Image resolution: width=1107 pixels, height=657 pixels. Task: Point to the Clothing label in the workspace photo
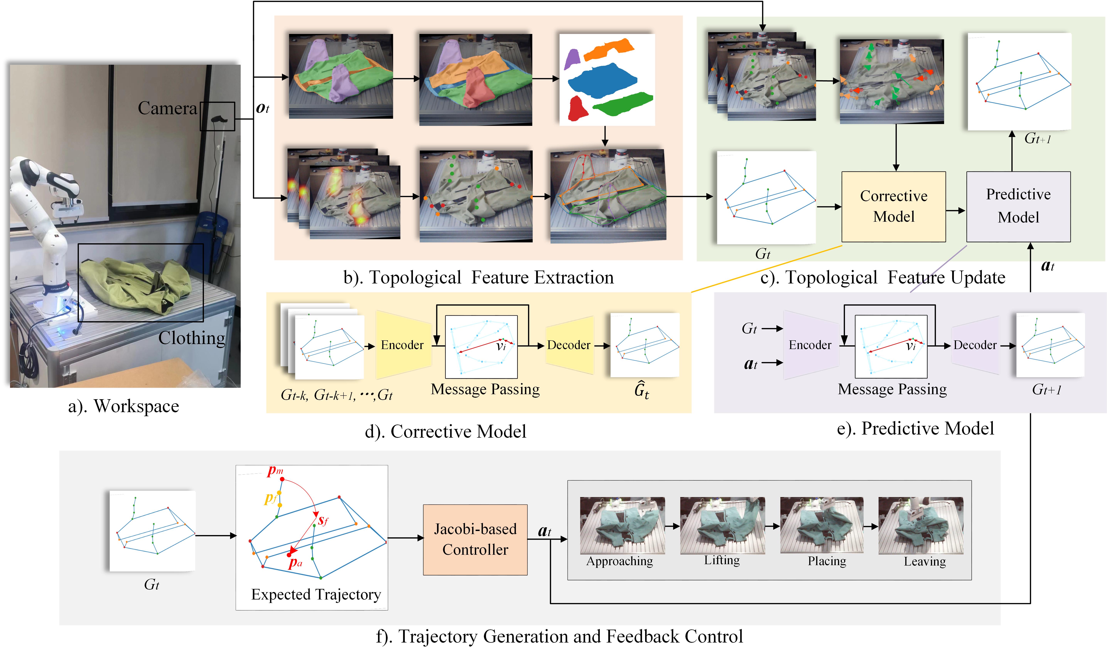click(192, 338)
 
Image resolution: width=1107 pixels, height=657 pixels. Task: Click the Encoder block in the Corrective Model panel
click(402, 345)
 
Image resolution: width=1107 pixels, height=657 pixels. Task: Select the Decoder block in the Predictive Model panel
click(975, 345)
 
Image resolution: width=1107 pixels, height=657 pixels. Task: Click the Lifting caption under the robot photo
click(722, 561)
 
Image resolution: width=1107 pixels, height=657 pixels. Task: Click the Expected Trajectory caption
click(316, 594)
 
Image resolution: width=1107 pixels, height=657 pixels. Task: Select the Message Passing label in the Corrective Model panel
click(485, 389)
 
